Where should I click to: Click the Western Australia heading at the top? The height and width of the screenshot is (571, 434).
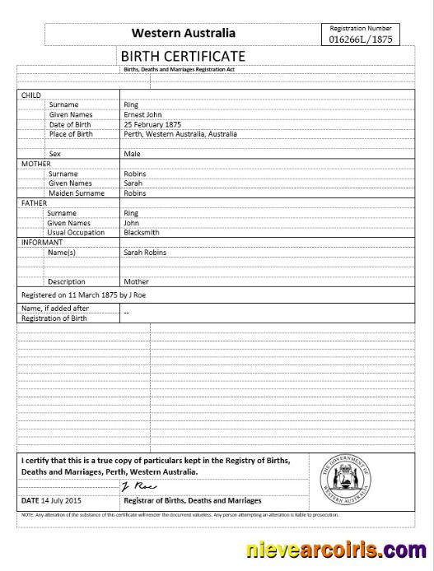184,33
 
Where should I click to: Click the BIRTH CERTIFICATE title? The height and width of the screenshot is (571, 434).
184,56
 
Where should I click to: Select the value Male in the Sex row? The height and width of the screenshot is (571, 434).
132,153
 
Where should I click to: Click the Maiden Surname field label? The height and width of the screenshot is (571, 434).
77,193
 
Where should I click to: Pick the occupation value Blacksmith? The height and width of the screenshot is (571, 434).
142,233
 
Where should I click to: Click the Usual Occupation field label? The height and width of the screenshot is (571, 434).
77,233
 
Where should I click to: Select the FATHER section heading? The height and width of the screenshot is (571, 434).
34,202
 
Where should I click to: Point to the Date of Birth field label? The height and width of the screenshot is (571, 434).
72,123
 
